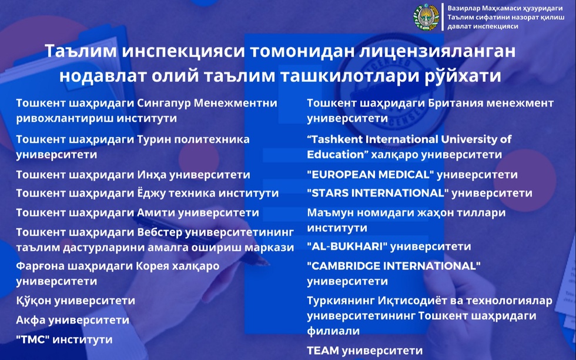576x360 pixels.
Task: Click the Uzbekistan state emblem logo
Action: [x=426, y=17]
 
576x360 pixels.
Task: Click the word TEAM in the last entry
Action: [x=323, y=351]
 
